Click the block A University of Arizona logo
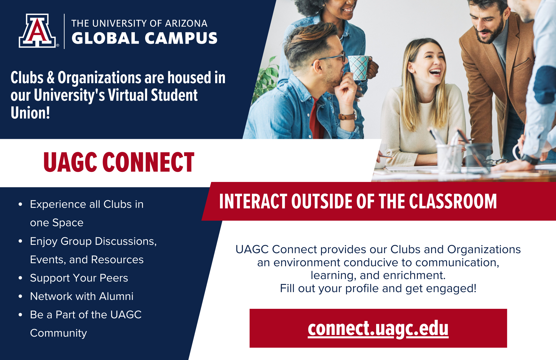point(37,31)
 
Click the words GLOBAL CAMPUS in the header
point(144,38)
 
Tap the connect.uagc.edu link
point(378,329)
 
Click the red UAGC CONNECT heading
point(119,162)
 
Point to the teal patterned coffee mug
point(359,67)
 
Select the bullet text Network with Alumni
point(81,296)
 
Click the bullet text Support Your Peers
point(79,278)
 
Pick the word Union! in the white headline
point(30,113)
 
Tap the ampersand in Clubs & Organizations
point(51,78)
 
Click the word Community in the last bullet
point(58,333)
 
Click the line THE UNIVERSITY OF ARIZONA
point(139,23)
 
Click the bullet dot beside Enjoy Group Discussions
point(20,241)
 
